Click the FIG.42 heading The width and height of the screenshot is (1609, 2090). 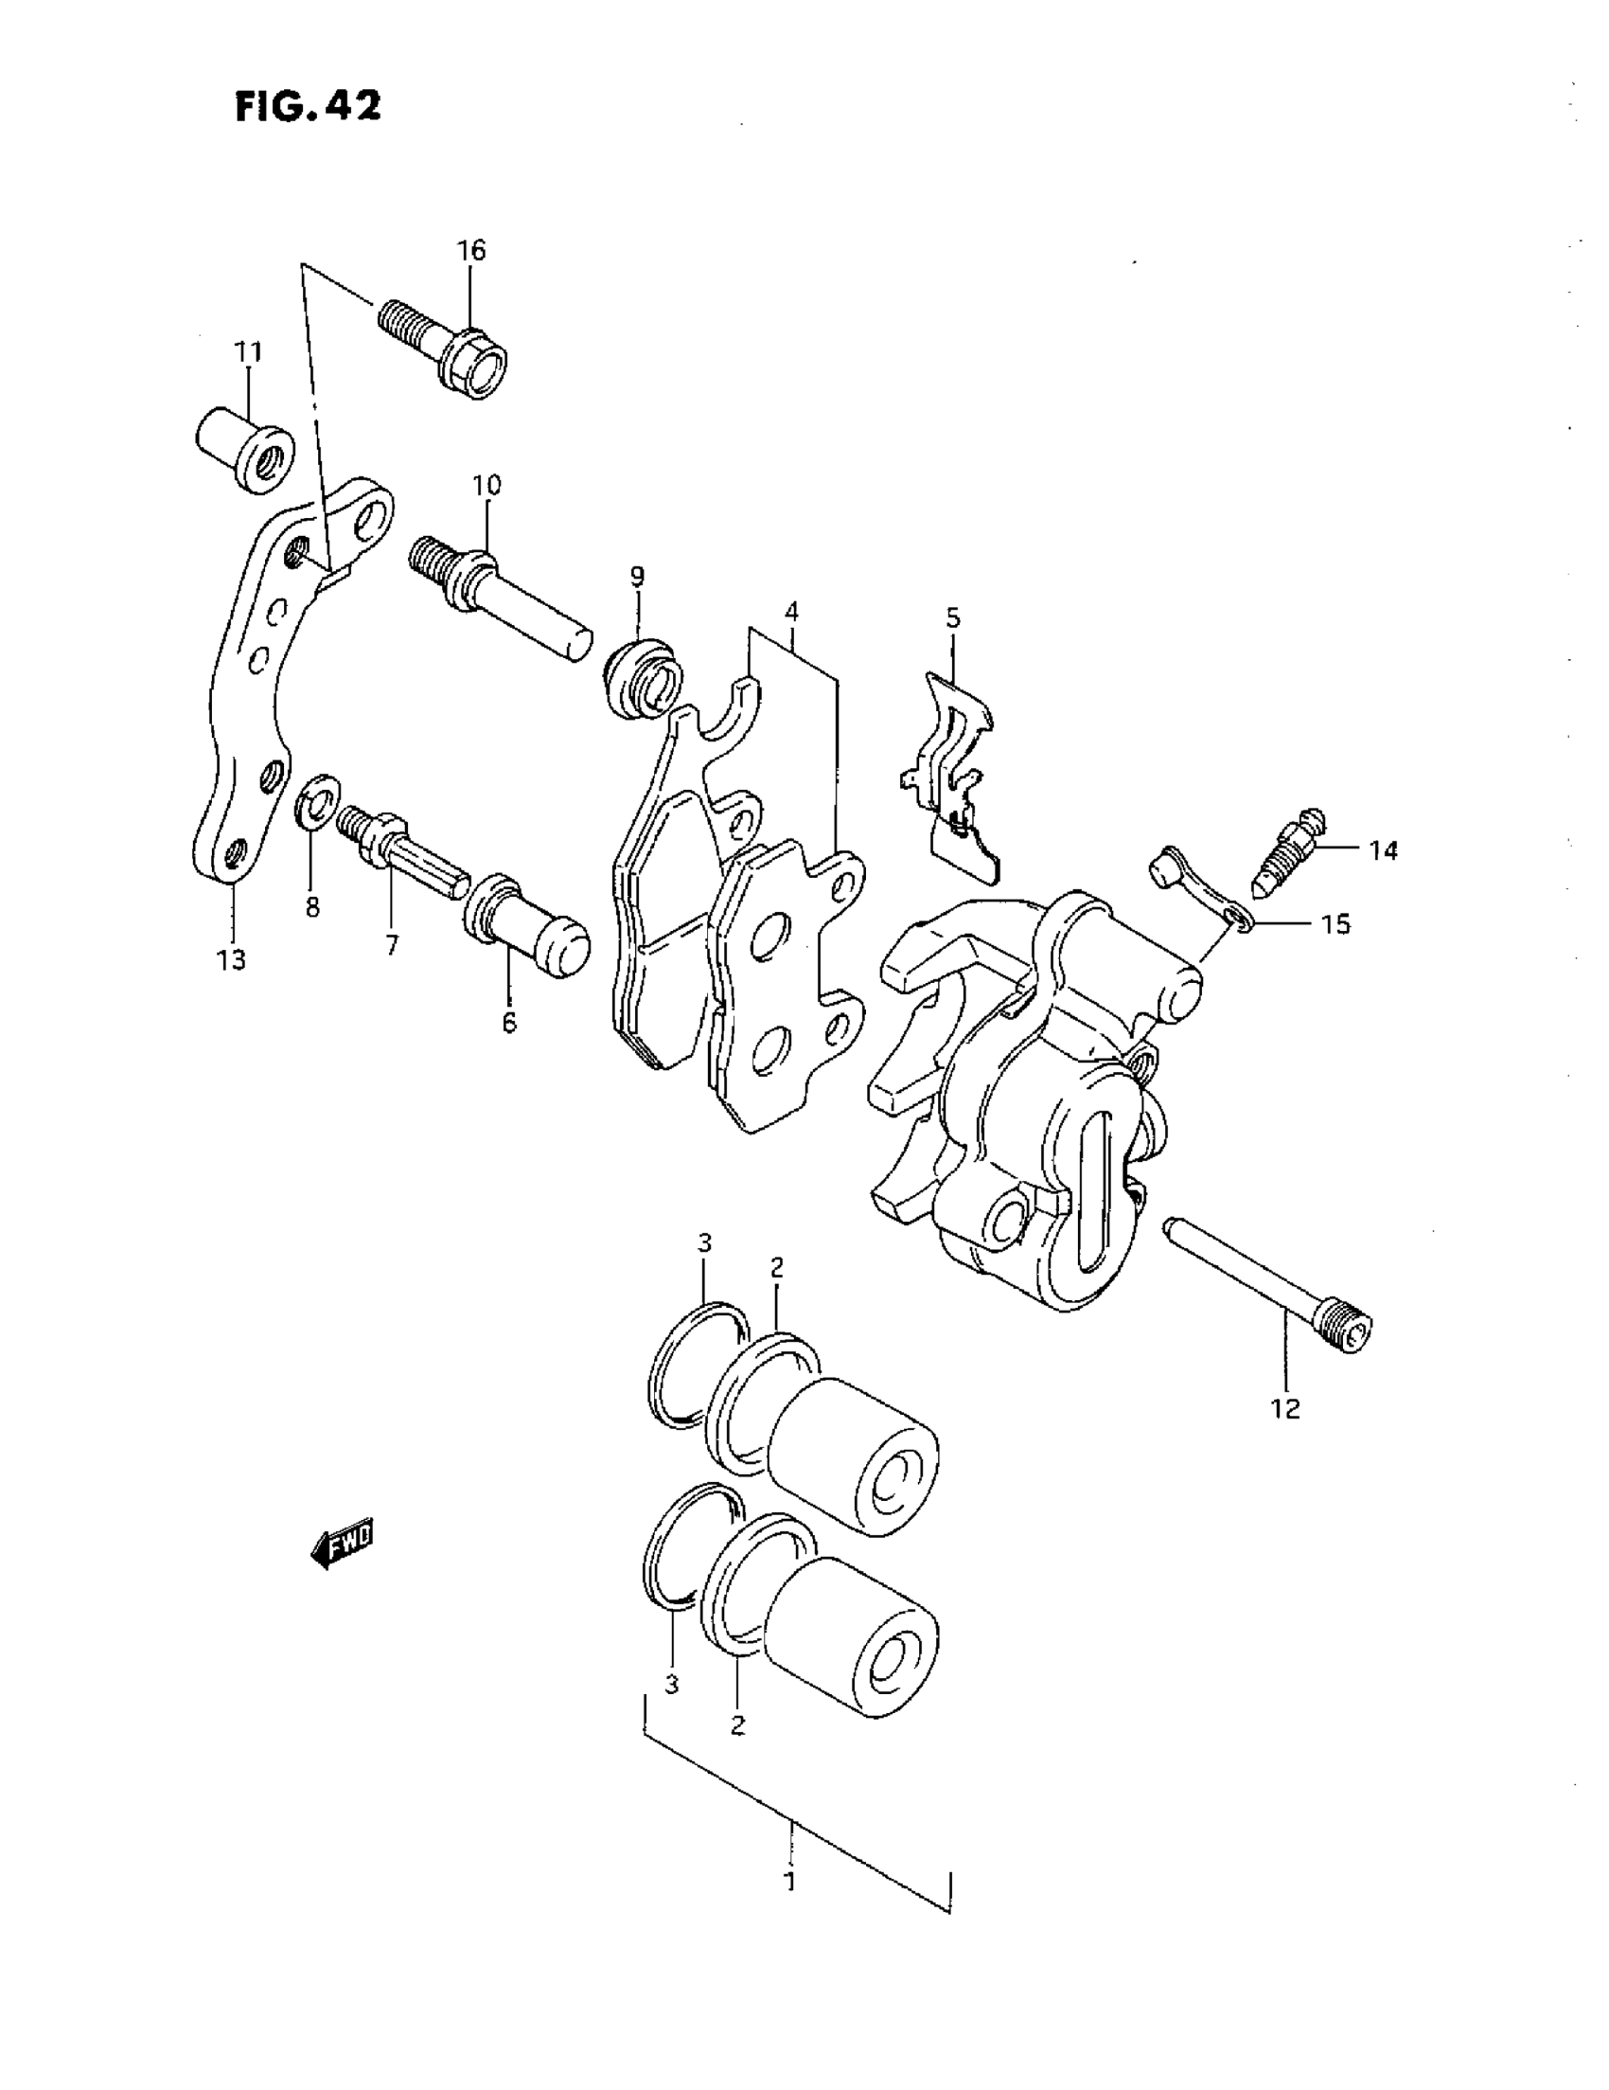point(308,105)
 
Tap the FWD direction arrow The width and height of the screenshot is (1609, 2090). point(342,1542)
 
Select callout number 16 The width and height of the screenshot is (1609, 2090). point(470,251)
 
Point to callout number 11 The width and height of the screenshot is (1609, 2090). point(249,352)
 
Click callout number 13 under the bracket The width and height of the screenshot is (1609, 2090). point(231,959)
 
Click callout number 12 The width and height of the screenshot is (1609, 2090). point(1285,1407)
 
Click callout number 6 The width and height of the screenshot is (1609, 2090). point(509,1022)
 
